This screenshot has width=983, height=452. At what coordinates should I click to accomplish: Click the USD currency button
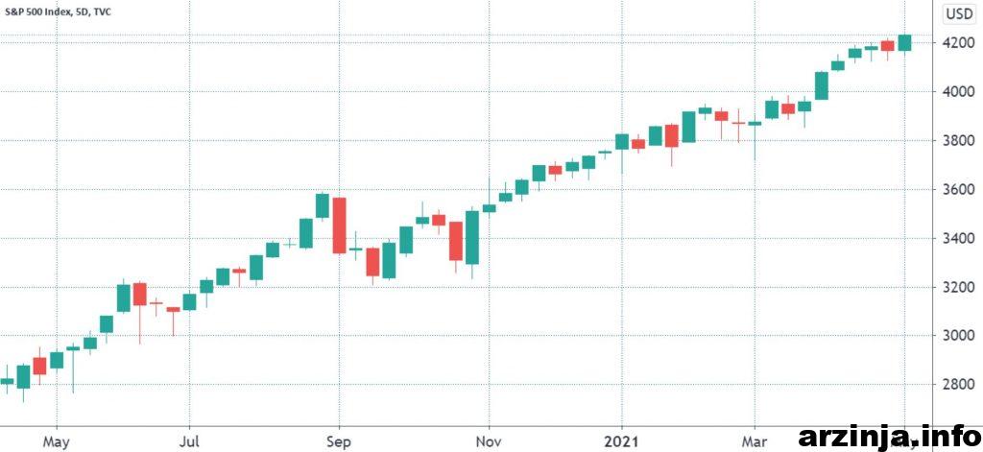[x=958, y=13]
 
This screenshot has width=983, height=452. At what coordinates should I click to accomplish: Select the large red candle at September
[x=339, y=226]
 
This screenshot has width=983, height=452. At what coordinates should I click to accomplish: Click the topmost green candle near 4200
[x=904, y=42]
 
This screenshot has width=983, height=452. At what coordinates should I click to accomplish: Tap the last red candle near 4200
[x=887, y=45]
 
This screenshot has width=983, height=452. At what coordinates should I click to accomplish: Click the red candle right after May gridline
[x=39, y=366]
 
